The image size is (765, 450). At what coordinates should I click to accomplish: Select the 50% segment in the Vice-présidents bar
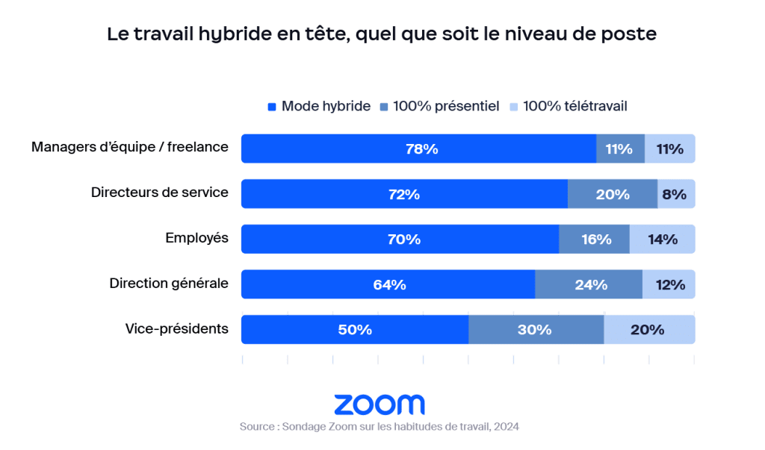click(354, 329)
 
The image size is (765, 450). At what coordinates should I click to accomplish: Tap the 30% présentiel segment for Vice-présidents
click(536, 329)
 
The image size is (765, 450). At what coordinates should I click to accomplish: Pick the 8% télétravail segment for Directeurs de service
click(676, 194)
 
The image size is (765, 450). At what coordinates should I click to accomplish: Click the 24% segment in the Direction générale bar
click(589, 284)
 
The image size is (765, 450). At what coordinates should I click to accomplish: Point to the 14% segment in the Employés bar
click(662, 239)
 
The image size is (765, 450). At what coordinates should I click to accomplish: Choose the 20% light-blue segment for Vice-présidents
click(649, 329)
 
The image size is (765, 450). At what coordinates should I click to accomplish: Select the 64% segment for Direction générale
click(388, 284)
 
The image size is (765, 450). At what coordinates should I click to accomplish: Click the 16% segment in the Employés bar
click(594, 239)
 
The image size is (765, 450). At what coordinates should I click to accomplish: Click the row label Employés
click(196, 239)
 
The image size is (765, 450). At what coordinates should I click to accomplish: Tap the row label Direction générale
click(169, 284)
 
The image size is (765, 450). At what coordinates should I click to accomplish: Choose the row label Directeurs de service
click(159, 194)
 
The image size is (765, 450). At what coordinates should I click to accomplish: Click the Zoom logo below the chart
click(379, 404)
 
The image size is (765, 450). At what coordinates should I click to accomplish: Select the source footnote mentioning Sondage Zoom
click(379, 427)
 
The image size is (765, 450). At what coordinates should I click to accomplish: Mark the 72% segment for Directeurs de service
click(404, 194)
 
